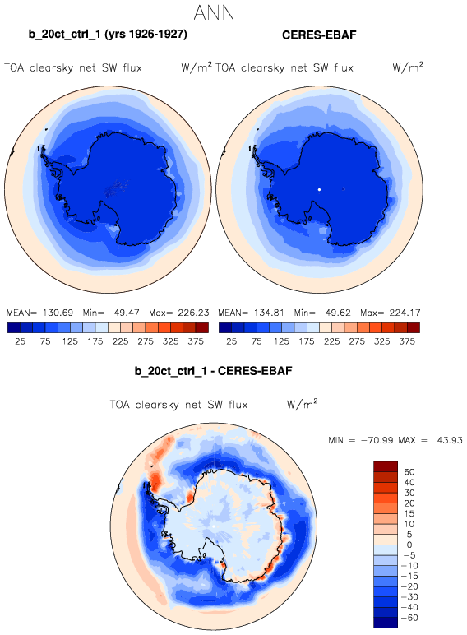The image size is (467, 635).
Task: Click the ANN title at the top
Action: point(214,12)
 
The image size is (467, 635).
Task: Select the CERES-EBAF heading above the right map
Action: point(319,35)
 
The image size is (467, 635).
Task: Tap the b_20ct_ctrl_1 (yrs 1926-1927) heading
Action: point(108,34)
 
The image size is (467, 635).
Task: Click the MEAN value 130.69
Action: point(58,313)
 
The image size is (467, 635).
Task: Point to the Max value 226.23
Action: point(193,313)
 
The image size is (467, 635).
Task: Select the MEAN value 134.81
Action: point(269,313)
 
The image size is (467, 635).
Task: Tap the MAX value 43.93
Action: point(450,440)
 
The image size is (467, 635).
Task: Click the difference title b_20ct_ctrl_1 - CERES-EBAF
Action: point(213,371)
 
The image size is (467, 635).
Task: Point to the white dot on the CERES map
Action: point(319,189)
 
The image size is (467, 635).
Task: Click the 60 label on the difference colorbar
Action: point(409,472)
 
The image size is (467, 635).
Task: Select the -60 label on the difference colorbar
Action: point(409,618)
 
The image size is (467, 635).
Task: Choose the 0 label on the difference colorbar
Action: point(409,545)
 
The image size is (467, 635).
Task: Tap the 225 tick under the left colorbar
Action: point(120,341)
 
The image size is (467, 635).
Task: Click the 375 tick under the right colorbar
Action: point(407,341)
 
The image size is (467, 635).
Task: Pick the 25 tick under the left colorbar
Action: point(20,341)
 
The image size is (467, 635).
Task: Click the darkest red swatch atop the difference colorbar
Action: point(386,466)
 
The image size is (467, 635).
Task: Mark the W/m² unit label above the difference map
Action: point(302,404)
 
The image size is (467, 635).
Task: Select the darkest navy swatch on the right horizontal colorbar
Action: point(225,327)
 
